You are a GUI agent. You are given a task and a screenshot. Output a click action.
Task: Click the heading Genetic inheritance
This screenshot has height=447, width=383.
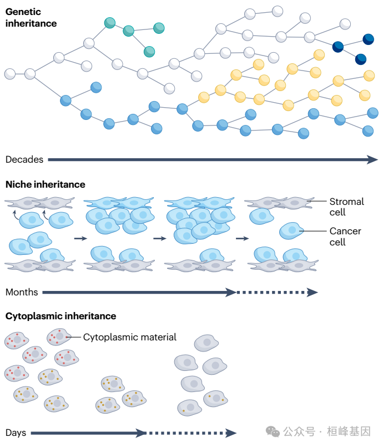coord(31,18)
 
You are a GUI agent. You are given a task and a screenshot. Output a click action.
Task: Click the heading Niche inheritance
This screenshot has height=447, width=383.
coord(46,184)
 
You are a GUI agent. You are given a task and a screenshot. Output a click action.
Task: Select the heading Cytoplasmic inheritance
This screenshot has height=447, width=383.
coord(61,316)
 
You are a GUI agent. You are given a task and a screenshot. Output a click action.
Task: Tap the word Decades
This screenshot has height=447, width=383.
coord(24,159)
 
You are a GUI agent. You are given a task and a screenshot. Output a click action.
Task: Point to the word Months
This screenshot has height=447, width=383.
coord(22,292)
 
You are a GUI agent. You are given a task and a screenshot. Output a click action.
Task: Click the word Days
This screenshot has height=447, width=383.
coord(16,433)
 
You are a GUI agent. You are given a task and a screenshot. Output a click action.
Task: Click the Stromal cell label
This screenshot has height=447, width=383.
coord(346,207)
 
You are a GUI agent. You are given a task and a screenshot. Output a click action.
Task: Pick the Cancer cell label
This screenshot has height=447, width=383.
coord(345,236)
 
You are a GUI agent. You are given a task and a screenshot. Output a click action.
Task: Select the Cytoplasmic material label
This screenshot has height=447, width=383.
coord(130,337)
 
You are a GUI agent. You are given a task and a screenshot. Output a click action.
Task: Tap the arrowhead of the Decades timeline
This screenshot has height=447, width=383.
coord(373,159)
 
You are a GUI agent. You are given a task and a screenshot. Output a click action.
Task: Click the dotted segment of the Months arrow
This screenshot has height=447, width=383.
coord(272,292)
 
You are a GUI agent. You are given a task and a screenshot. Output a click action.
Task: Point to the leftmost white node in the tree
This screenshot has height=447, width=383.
coord(10,74)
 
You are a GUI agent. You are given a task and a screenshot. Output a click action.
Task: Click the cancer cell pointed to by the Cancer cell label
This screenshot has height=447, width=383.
coord(290,230)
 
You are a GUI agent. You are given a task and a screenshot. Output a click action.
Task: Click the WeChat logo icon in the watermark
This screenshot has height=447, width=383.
coord(273,431)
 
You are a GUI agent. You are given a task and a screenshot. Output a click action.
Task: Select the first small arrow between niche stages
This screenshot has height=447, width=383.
coord(80,238)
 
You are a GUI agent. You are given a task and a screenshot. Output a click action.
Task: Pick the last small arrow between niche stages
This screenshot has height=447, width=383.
coord(241,238)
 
